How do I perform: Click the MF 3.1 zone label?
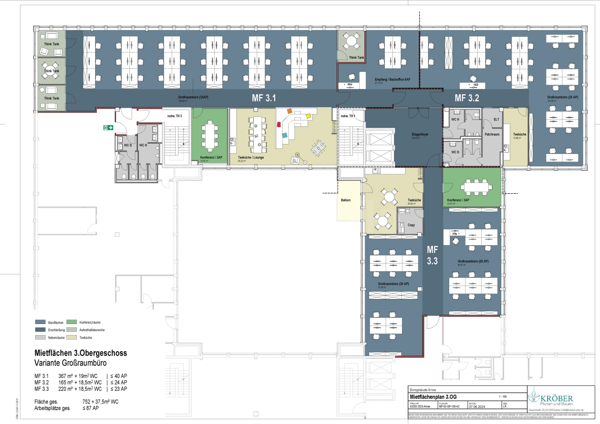[x=264, y=98]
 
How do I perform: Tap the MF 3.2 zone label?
[x=466, y=98]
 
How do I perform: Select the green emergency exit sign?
[x=108, y=128]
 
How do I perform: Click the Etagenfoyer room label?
[x=420, y=134]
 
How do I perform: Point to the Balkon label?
[x=346, y=200]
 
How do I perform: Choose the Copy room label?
[x=411, y=225]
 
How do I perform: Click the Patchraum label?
[x=492, y=134]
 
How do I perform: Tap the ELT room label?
[x=496, y=120]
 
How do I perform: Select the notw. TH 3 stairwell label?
[x=174, y=116]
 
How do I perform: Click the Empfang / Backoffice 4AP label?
[x=392, y=80]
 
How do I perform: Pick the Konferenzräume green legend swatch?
[x=72, y=322]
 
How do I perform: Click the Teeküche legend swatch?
[x=72, y=337]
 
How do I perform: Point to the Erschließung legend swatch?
[x=40, y=330]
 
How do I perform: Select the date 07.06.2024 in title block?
[x=477, y=407]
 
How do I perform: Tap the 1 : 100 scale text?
[x=502, y=397]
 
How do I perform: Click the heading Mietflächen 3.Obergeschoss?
[x=80, y=353]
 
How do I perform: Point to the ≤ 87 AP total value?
[x=90, y=408]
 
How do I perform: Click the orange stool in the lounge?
[x=290, y=111]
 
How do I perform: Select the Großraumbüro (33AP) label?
[x=193, y=97]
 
